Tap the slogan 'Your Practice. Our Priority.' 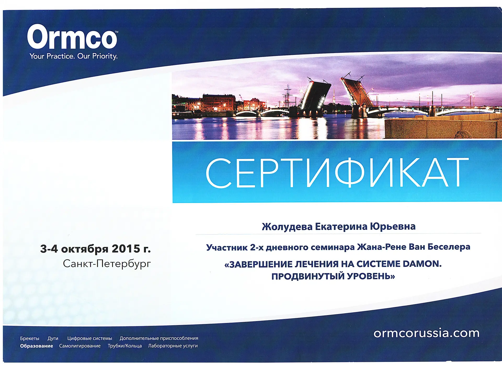pos(73,56)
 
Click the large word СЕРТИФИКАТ pos(337,173)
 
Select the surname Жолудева pos(287,227)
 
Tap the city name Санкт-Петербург pos(107,264)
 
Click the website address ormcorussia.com pos(426,333)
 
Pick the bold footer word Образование pos(37,346)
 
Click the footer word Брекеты pos(30,338)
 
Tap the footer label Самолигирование pos(80,346)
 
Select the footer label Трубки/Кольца pos(125,346)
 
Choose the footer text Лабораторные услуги pos(173,346)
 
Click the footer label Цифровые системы pos(90,338)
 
